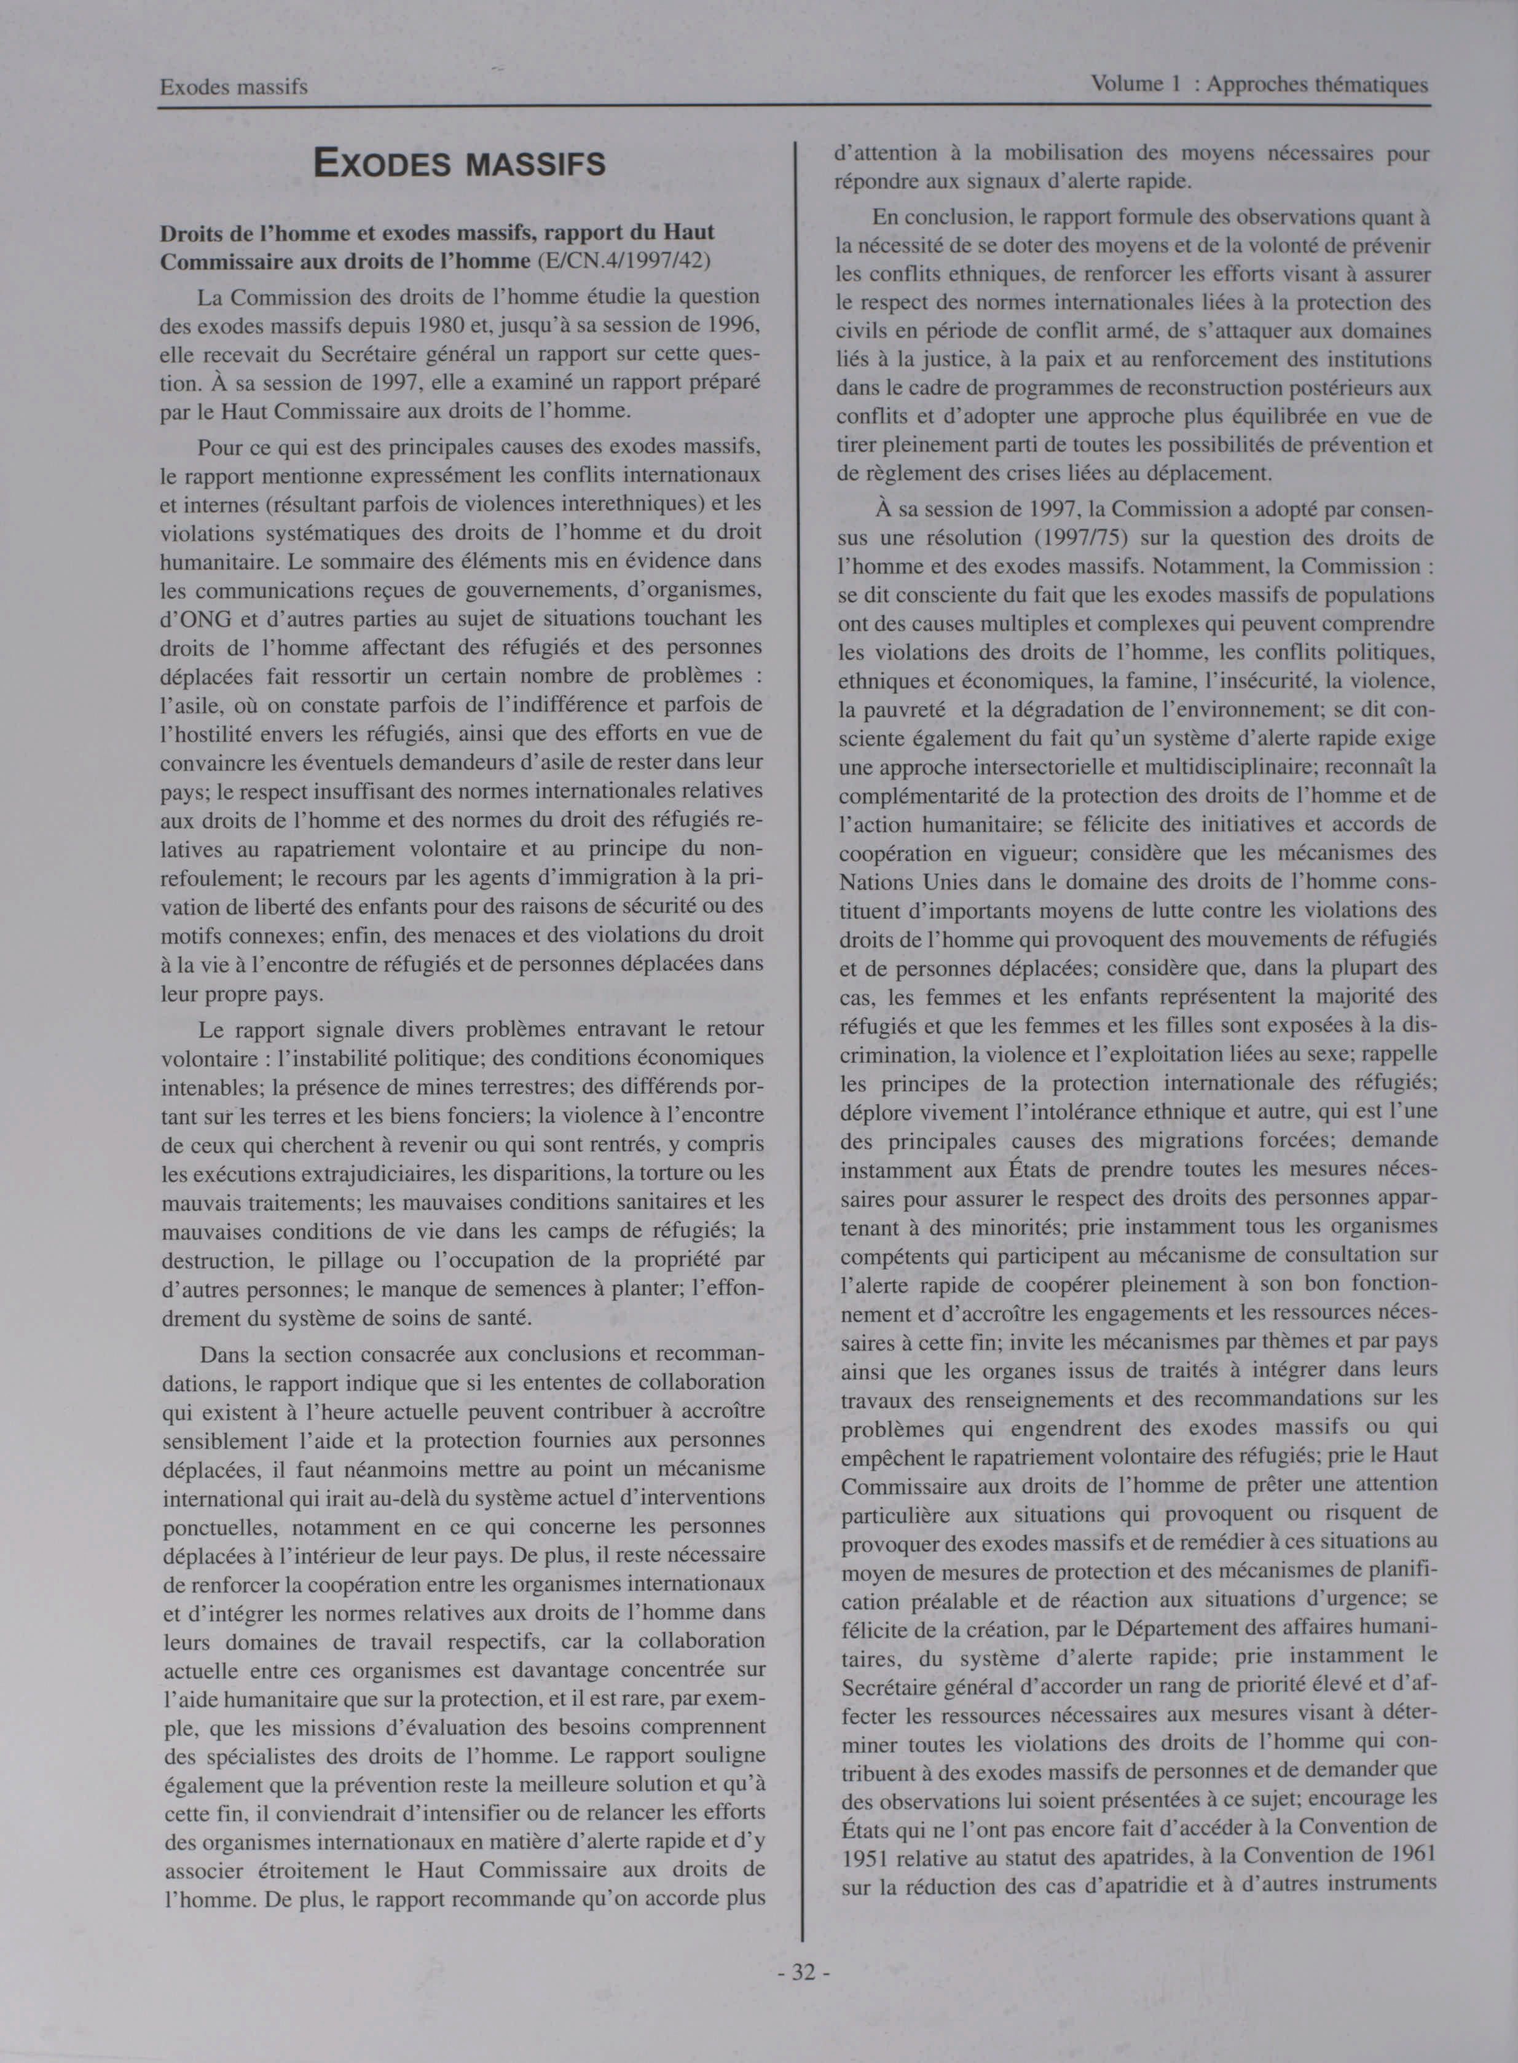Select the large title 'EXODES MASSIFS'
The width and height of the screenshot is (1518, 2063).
pos(460,164)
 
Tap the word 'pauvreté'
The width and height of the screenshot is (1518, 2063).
pos(902,711)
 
